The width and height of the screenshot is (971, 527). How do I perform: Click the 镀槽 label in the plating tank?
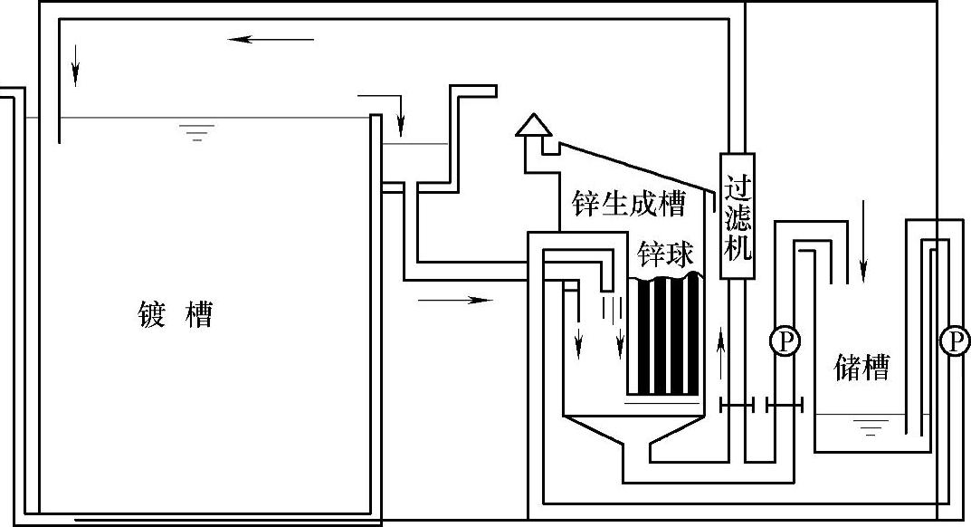(x=176, y=315)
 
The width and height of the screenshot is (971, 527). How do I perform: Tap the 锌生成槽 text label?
(x=627, y=203)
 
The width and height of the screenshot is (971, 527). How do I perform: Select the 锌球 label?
(x=665, y=253)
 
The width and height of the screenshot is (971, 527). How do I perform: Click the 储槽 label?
(x=861, y=367)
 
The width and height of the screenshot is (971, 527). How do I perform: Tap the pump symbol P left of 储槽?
(x=784, y=341)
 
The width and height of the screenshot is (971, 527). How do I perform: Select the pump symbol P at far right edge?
(x=953, y=340)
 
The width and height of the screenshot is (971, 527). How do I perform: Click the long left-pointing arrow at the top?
(x=271, y=39)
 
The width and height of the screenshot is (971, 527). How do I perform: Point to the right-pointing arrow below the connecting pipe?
(x=456, y=300)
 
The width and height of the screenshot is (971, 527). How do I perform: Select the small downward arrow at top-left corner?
(x=76, y=68)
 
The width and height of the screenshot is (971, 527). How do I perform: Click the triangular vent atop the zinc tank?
(x=535, y=125)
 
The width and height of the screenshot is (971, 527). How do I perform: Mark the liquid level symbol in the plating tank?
(x=196, y=134)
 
